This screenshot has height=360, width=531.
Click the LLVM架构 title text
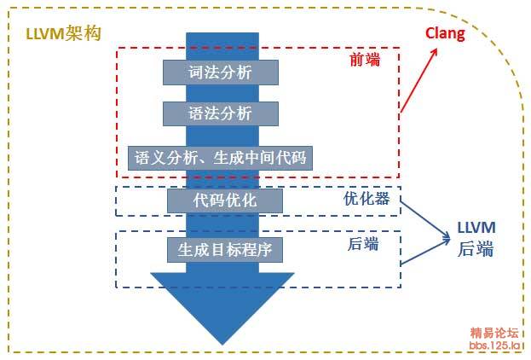coord(63,33)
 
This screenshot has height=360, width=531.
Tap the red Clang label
coord(445,34)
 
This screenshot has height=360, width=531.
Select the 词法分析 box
coord(221,73)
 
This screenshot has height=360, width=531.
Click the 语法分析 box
coord(221,113)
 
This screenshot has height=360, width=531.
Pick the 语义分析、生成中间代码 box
coord(220,158)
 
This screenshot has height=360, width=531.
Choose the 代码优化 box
coord(225,200)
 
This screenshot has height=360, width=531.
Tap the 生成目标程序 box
coord(225,250)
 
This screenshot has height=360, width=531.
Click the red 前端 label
coord(365,60)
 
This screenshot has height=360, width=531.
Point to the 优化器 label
coord(367,199)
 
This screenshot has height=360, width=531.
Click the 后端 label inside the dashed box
coord(363,244)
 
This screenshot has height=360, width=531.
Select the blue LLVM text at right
coord(476,228)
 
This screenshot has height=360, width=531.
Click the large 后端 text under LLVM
coord(476,249)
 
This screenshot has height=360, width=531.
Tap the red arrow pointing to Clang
coord(418,80)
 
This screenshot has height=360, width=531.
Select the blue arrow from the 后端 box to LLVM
coord(425,251)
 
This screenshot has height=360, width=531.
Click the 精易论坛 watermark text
coord(494,333)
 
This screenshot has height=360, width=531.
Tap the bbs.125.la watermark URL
coord(494,345)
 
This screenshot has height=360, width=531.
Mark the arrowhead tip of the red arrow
coord(437,49)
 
